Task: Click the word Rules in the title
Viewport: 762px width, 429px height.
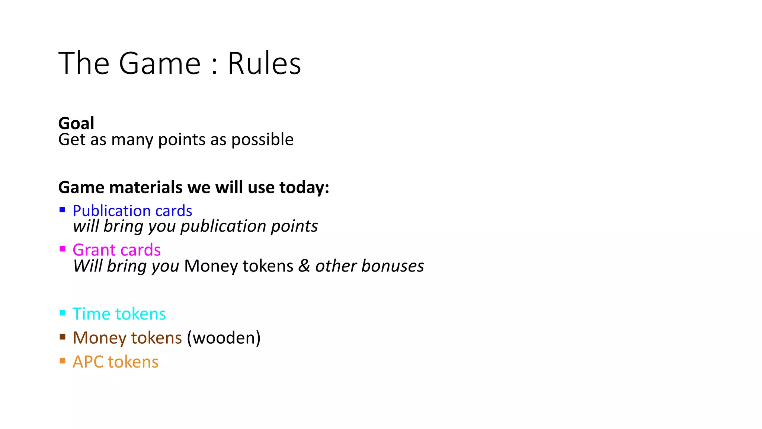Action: tap(264, 64)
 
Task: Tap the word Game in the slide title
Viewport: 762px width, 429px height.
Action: tap(160, 64)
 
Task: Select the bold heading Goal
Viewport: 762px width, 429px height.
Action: tap(76, 123)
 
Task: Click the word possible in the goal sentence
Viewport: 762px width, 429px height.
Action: tap(262, 140)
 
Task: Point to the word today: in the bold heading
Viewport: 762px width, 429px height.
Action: tap(304, 187)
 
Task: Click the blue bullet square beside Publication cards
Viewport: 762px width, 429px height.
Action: tap(63, 210)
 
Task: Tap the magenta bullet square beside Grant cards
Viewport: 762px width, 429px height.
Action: tap(63, 249)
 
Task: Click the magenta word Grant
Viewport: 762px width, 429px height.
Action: tap(94, 250)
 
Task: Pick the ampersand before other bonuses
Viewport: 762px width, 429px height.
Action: tap(304, 266)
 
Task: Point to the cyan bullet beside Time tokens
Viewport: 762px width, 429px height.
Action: tap(63, 313)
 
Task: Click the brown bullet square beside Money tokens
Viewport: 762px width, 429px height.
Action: tap(63, 337)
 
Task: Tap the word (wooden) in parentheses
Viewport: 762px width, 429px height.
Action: tap(224, 338)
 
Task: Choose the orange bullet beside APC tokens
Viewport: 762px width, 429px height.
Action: tap(63, 361)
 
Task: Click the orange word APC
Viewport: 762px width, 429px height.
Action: tap(88, 362)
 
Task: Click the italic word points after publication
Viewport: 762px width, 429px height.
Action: tap(294, 226)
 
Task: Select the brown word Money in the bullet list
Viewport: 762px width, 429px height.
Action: tap(100, 338)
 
